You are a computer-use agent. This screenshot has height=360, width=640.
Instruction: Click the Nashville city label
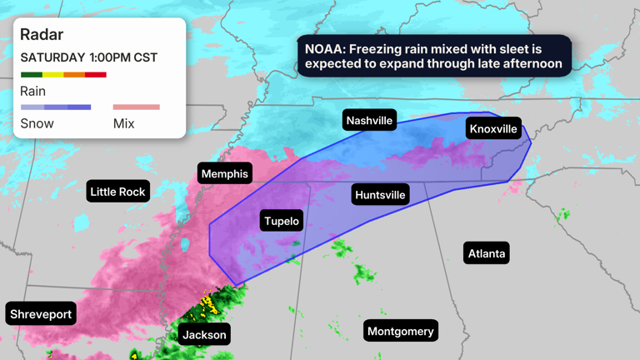[x=369, y=121]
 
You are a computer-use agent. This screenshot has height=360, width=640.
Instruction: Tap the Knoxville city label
[x=493, y=128]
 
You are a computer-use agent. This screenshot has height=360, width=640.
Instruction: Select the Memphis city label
[x=224, y=173]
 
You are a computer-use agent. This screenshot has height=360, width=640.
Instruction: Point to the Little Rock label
[x=117, y=192]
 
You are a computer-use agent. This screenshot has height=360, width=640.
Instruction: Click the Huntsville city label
[x=380, y=195]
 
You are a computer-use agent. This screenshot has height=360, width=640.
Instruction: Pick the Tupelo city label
[x=282, y=221]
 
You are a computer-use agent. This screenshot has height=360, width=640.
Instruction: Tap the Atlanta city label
[x=486, y=253]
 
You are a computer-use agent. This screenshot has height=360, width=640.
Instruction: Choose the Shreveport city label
[x=41, y=314]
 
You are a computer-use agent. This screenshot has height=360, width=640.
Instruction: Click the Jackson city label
[x=204, y=334]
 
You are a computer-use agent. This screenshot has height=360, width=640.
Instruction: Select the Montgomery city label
[x=400, y=331]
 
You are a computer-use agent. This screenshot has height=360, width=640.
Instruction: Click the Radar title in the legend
[x=42, y=35]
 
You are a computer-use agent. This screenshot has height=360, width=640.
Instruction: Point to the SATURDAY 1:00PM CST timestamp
[x=89, y=57]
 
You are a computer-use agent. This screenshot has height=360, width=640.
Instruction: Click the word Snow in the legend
[x=37, y=123]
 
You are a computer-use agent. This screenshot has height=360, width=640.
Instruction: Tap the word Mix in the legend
[x=124, y=123]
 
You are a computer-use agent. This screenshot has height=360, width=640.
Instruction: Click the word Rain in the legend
[x=33, y=91]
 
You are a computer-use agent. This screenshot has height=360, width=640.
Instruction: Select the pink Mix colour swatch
[x=136, y=107]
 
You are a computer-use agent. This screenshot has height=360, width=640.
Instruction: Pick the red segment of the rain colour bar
[x=95, y=75]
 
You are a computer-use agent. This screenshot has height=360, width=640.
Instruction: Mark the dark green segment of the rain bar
[x=31, y=75]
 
